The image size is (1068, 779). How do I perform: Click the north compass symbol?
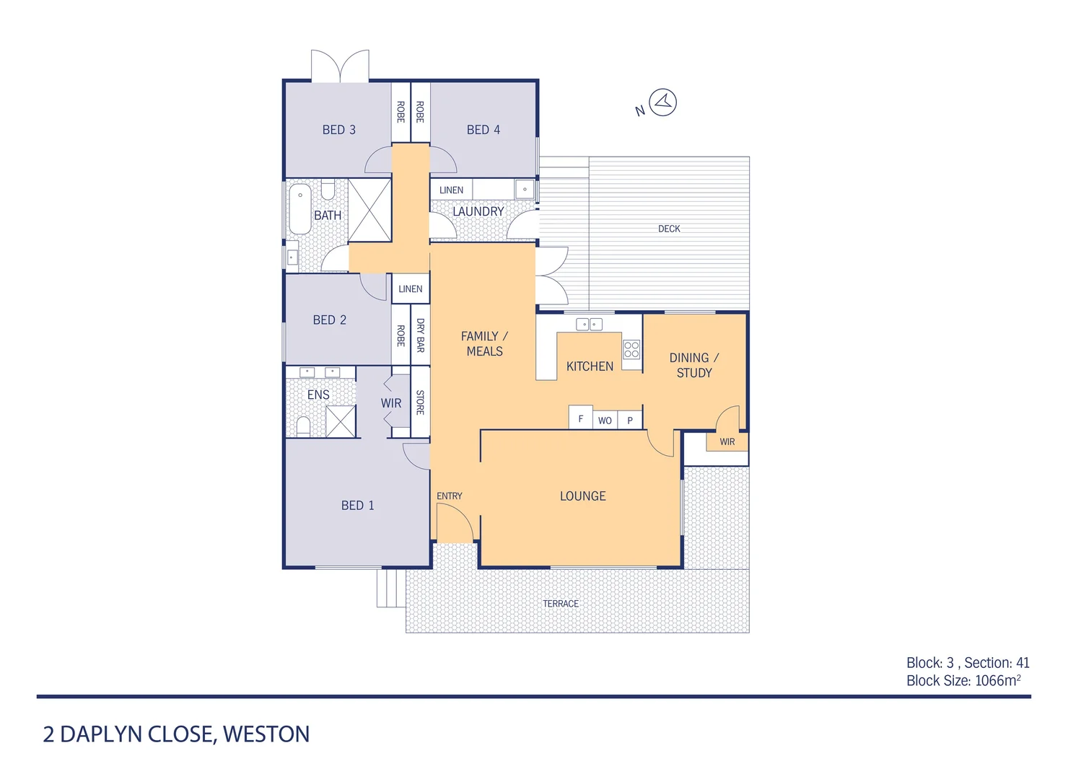coord(662,102)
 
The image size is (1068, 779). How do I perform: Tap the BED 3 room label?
coord(338,130)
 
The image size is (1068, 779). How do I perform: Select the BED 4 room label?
coord(483,130)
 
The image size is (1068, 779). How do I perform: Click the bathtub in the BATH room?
coord(299,208)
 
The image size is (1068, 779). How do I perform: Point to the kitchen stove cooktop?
coord(631,350)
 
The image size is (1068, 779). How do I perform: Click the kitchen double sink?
coord(590,325)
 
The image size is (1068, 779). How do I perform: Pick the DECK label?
coord(669,229)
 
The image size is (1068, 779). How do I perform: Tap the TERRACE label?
coord(561,604)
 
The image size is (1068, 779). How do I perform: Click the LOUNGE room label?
coord(582,496)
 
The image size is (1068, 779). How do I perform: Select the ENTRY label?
coord(449,496)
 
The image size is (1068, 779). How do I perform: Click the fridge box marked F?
coord(580,418)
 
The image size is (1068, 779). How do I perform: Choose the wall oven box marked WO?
coord(605,421)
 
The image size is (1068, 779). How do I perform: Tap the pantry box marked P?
coord(630,421)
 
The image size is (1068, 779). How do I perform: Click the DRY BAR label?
coord(421,335)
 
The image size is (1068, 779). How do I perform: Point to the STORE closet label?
coord(421,402)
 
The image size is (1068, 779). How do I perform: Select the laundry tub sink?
coord(525,190)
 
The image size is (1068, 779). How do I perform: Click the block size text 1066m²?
coord(997,680)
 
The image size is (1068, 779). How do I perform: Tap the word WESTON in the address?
coord(266,734)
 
